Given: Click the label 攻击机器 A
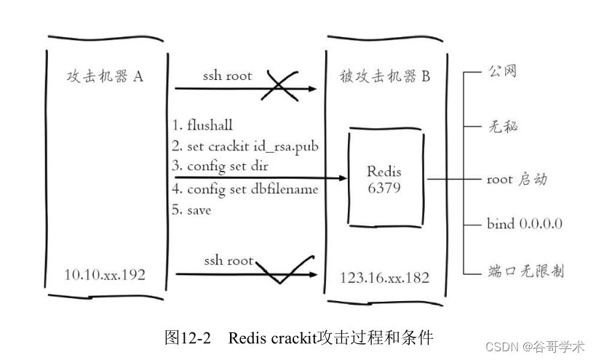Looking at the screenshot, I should point(106,76).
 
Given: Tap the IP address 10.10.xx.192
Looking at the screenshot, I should point(106,274).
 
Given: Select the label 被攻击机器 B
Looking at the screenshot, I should point(385,76).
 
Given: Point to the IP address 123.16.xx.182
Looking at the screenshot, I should point(385,278).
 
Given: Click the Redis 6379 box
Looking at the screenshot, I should point(384,178).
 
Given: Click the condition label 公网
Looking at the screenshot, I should point(502,71).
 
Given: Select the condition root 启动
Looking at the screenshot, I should point(517,179).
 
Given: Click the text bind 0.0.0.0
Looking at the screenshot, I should point(524,223).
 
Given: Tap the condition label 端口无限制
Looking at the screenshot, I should point(525,271).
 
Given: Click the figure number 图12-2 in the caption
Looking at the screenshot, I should point(188,337).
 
